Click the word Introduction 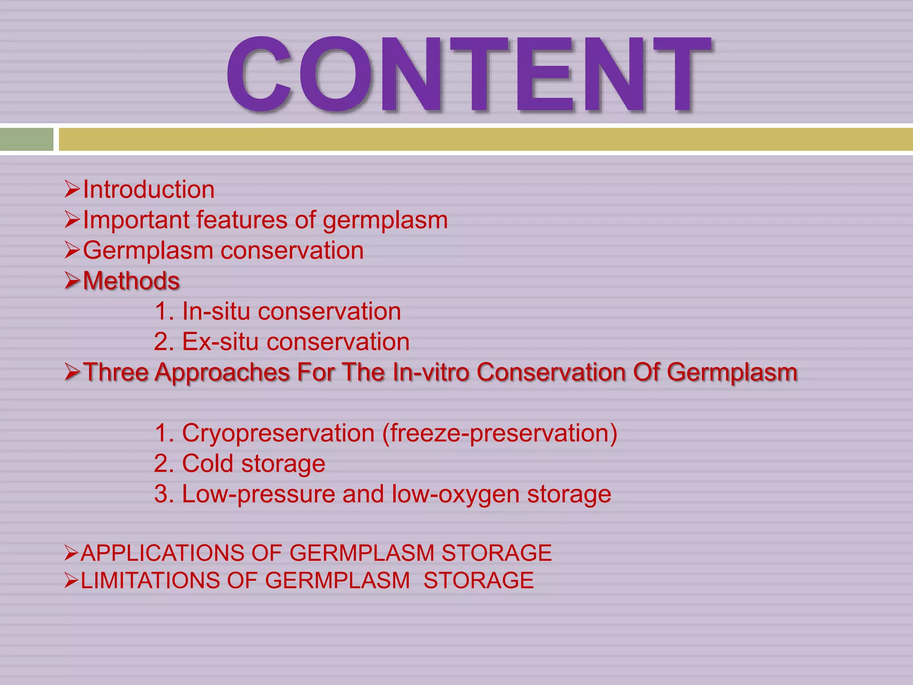tap(148, 190)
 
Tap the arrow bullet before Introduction tap(72, 189)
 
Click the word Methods tap(132, 281)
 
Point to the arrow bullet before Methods tap(72, 281)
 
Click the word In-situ tap(216, 311)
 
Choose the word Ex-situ tap(220, 342)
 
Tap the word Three tap(115, 372)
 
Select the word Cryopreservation tap(278, 433)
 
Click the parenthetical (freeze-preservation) tap(500, 433)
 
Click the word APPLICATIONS tap(162, 553)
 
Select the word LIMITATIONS tap(150, 581)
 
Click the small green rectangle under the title tap(26, 139)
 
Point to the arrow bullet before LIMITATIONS tap(71, 581)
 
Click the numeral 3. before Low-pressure tap(163, 494)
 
